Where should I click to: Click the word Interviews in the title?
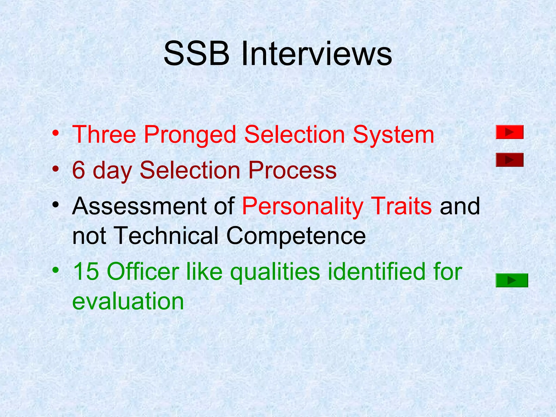317,53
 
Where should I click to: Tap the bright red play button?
510,132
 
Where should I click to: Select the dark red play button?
510,160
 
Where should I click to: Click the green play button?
511,280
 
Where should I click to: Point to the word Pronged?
190,135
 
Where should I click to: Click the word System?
393,135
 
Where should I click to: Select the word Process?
292,170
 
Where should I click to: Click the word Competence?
296,236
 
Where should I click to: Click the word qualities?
275,272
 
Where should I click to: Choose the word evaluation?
128,301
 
